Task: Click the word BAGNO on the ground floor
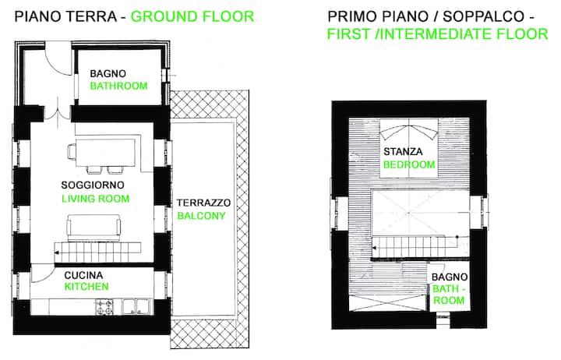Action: coord(108,74)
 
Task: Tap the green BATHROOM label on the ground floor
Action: coord(118,86)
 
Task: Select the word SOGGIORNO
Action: coord(93,185)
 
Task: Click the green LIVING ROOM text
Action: coord(96,199)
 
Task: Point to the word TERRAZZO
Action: coord(203,203)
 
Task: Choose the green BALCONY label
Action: coord(202,216)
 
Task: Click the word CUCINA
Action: coord(83,275)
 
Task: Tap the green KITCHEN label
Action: coord(86,287)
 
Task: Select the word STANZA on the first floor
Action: coord(403,152)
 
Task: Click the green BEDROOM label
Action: coord(409,164)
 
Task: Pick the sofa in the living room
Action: coord(93,228)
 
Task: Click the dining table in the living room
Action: coord(105,153)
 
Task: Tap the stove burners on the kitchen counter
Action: coord(105,307)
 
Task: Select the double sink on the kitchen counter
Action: coord(136,307)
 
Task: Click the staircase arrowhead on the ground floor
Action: coord(57,253)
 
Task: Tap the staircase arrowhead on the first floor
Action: coord(374,248)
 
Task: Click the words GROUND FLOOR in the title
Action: coord(192,17)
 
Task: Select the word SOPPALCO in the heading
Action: coord(484,16)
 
